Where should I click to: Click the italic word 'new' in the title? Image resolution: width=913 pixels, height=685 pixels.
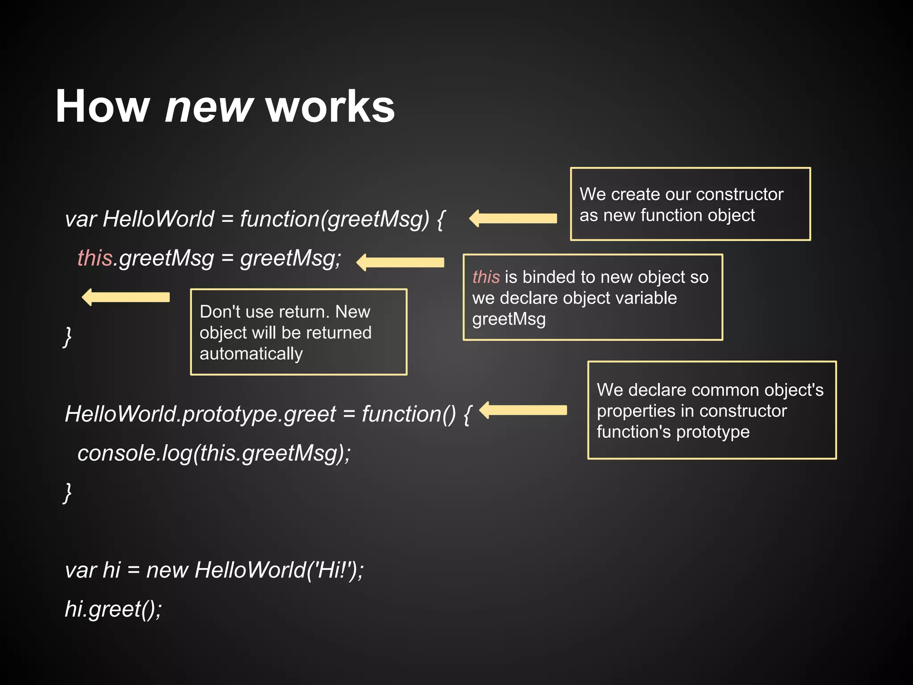coord(209,107)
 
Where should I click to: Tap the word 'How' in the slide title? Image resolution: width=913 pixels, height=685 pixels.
coord(103,107)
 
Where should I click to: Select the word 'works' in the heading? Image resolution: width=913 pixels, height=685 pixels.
coord(330,107)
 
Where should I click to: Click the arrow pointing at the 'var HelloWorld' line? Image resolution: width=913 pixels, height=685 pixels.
coord(513,219)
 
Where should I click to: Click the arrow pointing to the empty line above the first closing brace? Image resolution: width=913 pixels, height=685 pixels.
coord(126,297)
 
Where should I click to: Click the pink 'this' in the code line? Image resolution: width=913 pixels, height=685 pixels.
coord(95,258)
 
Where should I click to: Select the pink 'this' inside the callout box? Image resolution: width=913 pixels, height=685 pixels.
coord(486,277)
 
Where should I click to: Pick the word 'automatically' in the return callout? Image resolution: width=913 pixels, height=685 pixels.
coord(251,354)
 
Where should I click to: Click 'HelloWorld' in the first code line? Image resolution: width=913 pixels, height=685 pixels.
coord(158,219)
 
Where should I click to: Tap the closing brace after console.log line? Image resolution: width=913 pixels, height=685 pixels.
coord(67,492)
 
